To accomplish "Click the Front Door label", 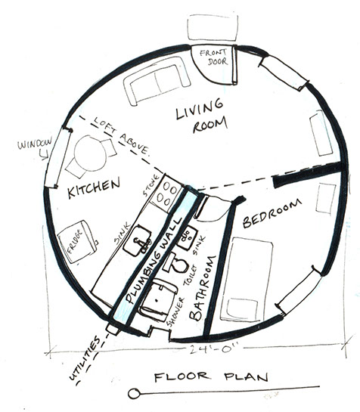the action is pyautogui.click(x=213, y=57).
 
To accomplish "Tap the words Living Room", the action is pyautogui.click(x=202, y=116).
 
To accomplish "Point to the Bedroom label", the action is pyautogui.click(x=272, y=213).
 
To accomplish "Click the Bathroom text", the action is pyautogui.click(x=203, y=288).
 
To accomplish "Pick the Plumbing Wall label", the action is pyautogui.click(x=154, y=260).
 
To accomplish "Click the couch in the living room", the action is pyautogui.click(x=157, y=81).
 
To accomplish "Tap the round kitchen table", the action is pyautogui.click(x=90, y=153).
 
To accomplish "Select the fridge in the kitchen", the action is pyautogui.click(x=77, y=242).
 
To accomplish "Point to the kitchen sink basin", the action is pyautogui.click(x=137, y=240).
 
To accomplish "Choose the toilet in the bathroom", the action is pyautogui.click(x=175, y=263).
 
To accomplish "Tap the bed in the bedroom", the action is pyautogui.click(x=247, y=279).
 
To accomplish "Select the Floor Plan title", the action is pyautogui.click(x=211, y=376).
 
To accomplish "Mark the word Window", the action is pyautogui.click(x=35, y=144).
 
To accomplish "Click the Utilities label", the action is pyautogui.click(x=85, y=358).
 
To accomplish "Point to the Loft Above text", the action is pyautogui.click(x=121, y=136).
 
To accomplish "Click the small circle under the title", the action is pyautogui.click(x=134, y=394).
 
